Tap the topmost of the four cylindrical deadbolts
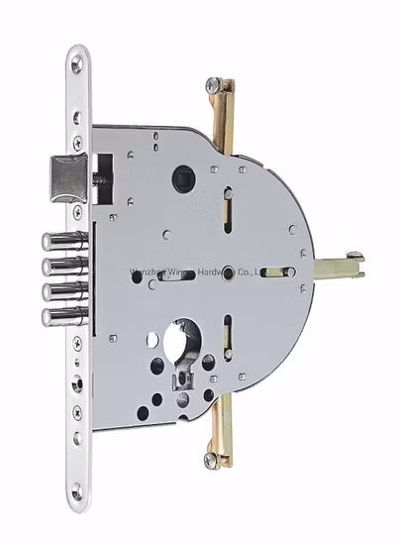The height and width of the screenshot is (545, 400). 61,241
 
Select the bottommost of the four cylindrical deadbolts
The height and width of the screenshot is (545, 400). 61,316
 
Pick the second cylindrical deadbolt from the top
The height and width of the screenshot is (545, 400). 61,266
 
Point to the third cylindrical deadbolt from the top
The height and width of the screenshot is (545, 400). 61,290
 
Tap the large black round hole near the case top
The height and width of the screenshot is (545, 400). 184,178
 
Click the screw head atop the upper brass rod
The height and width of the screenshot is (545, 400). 214,86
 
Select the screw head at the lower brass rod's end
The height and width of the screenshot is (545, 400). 211,459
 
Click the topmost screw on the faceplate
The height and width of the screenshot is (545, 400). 76,65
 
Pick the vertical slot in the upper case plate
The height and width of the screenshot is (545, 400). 227,206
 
